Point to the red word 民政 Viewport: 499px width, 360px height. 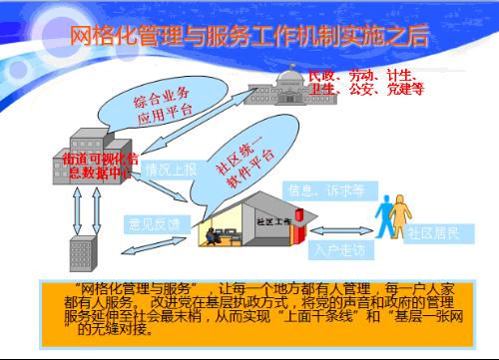coord(322,75)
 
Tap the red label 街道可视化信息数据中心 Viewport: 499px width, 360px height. coord(97,166)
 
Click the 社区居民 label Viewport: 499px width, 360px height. coord(432,233)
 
